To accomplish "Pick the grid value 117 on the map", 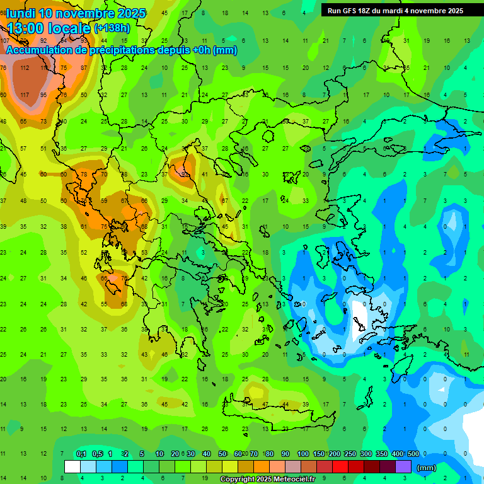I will (25, 95).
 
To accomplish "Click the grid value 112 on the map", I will (25, 68).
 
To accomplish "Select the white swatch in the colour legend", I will (72, 467).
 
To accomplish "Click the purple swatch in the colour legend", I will (403, 467).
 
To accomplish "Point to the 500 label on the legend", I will (413, 454).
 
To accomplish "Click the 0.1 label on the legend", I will (81, 454).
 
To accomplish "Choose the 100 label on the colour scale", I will (302, 454).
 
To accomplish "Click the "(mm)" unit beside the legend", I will (427, 468).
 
